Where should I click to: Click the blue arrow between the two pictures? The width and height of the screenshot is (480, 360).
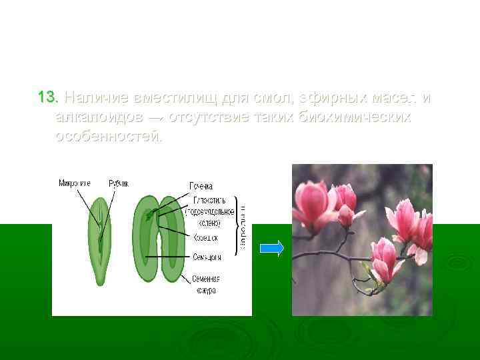[271, 249]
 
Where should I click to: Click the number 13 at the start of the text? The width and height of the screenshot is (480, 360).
[48, 98]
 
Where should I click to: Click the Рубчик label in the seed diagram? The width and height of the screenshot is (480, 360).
[119, 183]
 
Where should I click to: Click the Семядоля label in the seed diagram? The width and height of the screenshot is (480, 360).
[206, 255]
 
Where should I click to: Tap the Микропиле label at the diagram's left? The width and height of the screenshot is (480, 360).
[75, 183]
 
